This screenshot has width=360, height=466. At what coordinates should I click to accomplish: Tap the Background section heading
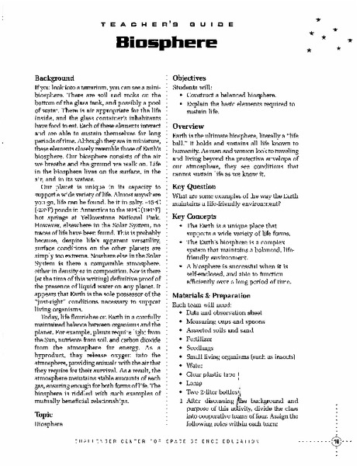pos(54,78)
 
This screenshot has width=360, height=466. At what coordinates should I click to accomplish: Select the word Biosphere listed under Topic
pos(48,426)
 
